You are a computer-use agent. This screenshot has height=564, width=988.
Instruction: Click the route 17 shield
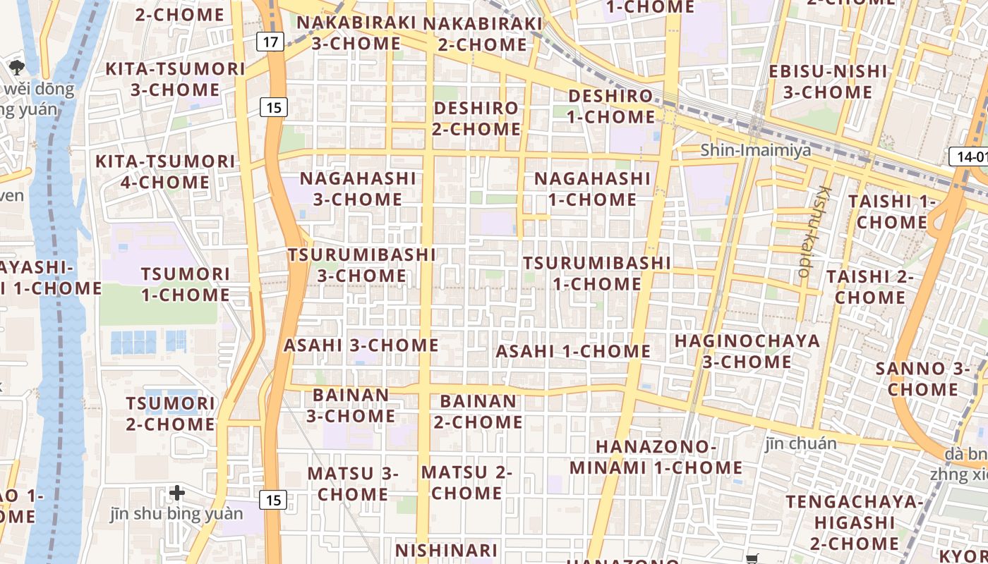point(270,42)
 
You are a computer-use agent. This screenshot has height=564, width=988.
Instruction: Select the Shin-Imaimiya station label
point(745,150)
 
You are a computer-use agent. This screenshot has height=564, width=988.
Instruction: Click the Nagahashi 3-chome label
point(358,189)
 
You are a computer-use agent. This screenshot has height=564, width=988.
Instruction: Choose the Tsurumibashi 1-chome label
point(597,274)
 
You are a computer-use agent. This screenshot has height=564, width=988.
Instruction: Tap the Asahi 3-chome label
point(361,345)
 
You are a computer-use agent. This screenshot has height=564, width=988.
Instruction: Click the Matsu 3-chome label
point(353,483)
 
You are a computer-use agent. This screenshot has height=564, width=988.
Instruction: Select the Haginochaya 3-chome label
point(747,351)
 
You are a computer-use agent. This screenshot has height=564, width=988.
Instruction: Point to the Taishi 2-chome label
point(870,286)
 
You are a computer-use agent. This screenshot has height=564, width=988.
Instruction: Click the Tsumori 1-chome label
point(186,284)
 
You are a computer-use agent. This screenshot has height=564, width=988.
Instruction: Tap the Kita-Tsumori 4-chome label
point(165,172)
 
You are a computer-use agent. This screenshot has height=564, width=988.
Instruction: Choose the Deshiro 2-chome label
point(476,118)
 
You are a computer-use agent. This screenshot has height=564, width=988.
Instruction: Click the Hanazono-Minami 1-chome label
point(656,457)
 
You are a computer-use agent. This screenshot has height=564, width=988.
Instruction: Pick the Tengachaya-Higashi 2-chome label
point(854,522)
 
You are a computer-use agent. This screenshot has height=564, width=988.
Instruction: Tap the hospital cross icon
point(177,492)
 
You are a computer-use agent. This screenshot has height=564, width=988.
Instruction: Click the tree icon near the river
point(16,68)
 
